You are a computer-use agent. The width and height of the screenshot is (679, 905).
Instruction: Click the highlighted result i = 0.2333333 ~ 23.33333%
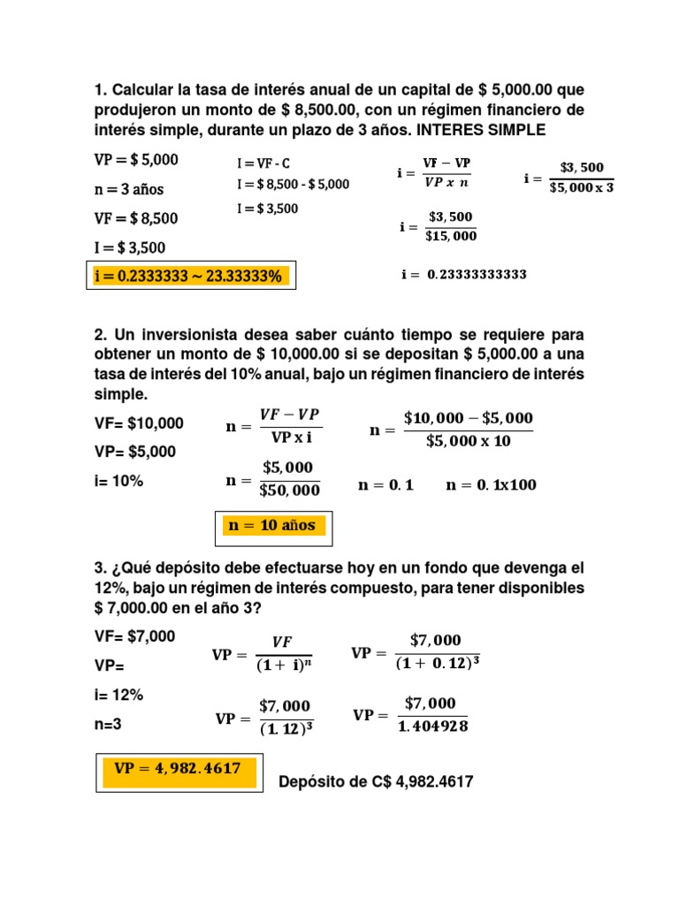click(188, 277)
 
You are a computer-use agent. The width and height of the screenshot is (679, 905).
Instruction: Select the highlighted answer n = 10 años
click(272, 525)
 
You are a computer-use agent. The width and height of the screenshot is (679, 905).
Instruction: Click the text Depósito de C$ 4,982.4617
click(376, 781)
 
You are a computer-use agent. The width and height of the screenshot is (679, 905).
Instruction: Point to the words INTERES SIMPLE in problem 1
click(483, 131)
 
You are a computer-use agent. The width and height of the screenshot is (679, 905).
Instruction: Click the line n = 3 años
click(129, 189)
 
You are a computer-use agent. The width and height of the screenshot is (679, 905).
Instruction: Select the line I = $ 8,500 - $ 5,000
click(293, 185)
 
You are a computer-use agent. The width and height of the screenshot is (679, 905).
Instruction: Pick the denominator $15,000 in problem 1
click(452, 236)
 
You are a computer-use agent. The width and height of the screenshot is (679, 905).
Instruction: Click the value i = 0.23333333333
click(464, 275)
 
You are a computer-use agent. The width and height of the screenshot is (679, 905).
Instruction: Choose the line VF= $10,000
click(139, 423)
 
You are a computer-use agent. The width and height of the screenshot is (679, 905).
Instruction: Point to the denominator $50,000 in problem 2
click(291, 490)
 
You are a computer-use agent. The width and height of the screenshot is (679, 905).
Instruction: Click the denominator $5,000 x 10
click(469, 441)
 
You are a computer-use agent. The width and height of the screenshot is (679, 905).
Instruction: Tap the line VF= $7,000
click(134, 636)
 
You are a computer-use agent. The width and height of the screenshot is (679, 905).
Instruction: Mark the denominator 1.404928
click(432, 726)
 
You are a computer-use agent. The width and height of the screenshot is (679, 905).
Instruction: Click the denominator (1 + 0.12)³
click(437, 663)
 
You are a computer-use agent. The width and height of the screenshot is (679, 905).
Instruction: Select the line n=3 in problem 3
click(109, 723)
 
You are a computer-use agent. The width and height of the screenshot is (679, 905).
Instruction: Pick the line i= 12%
click(118, 695)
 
